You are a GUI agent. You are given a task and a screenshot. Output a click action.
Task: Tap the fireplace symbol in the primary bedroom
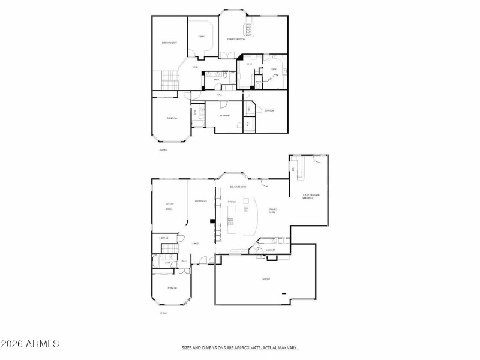pyautogui.click(x=248, y=29)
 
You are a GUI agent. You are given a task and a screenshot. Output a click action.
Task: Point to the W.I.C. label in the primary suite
pyautogui.click(x=248, y=64)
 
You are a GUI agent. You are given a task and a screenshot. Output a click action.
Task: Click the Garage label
pyautogui.click(x=266, y=279)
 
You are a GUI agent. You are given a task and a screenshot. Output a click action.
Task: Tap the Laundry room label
pyautogui.click(x=271, y=250)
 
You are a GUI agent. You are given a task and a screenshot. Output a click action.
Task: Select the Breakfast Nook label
pyautogui.click(x=239, y=187)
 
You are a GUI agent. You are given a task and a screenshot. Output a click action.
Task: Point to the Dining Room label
pyautogui.click(x=201, y=201)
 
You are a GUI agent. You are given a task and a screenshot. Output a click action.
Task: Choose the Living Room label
pyautogui.click(x=169, y=206)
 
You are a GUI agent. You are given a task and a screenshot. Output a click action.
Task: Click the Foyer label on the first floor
pyautogui.click(x=196, y=243)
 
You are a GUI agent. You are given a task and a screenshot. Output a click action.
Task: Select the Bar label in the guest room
pyautogui.click(x=293, y=170)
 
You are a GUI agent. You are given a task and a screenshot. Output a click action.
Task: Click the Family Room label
pyautogui.click(x=271, y=211)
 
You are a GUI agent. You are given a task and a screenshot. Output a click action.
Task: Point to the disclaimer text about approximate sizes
pyautogui.click(x=240, y=347)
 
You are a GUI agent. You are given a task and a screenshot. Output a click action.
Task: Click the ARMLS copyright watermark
pyautogui.click(x=30, y=344)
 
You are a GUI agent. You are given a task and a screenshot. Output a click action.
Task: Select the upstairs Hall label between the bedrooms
pyautogui.click(x=219, y=95)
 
